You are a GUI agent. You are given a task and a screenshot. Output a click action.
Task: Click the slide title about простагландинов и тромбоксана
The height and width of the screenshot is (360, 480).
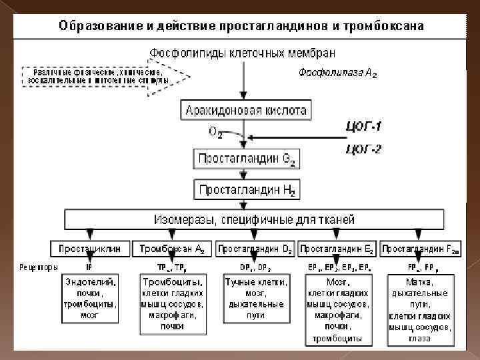[241, 27]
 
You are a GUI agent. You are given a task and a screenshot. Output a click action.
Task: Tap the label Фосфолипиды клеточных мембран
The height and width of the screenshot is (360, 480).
[243, 52]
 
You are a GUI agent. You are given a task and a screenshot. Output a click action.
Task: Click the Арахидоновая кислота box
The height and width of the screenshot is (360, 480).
[246, 110]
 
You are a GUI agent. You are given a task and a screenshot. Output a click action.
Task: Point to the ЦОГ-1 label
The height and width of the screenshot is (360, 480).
[363, 125]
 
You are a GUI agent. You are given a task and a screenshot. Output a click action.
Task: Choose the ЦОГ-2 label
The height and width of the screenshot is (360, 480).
[363, 149]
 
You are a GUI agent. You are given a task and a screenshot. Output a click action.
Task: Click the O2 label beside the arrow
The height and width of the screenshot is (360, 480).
[215, 133]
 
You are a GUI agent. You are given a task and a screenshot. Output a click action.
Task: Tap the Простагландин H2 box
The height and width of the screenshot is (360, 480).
[246, 189]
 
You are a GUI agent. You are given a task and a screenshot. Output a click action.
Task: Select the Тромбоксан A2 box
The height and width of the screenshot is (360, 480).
[171, 249]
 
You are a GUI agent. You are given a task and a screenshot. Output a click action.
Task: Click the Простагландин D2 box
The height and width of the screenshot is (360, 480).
[254, 249]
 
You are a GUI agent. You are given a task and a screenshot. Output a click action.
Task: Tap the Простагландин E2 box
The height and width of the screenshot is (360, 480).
[337, 249]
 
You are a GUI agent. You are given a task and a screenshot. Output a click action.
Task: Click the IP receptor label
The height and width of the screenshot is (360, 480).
[89, 267]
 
